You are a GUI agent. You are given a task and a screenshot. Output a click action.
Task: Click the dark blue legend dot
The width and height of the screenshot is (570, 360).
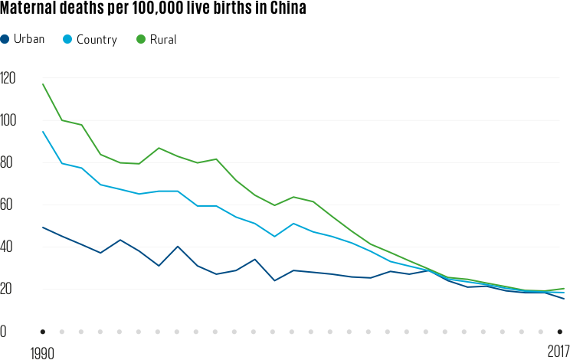pyautogui.click(x=5, y=38)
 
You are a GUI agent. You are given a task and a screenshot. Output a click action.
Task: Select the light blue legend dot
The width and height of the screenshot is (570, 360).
pyautogui.click(x=67, y=38)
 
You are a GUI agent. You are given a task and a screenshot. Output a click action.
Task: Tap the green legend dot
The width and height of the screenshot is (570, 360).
pyautogui.click(x=140, y=38)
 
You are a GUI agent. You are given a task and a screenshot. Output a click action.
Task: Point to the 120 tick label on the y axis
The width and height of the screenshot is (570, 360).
pyautogui.click(x=9, y=78)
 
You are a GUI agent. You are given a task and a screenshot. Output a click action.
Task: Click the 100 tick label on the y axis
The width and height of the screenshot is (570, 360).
pyautogui.click(x=9, y=120)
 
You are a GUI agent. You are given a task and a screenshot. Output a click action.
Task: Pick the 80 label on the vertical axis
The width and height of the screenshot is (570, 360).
pyautogui.click(x=9, y=162)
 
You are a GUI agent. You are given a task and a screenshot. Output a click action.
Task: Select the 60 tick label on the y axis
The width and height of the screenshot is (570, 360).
pyautogui.click(x=9, y=205)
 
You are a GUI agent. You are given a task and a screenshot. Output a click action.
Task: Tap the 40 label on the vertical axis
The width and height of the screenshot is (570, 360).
pyautogui.click(x=9, y=247)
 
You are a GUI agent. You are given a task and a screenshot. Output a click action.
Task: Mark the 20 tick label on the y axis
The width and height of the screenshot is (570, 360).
pyautogui.click(x=9, y=289)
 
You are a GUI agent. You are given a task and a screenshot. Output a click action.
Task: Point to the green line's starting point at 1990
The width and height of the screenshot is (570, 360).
pyautogui.click(x=43, y=83)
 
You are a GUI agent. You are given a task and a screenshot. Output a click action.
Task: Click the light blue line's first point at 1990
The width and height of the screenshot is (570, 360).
pyautogui.click(x=43, y=132)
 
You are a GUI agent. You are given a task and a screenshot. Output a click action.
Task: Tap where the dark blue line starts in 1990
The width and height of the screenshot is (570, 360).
pyautogui.click(x=43, y=227)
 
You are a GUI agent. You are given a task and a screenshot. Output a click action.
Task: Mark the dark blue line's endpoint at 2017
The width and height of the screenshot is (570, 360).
pyautogui.click(x=564, y=299)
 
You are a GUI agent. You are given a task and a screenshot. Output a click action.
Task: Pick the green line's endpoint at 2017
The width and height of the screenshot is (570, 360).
pyautogui.click(x=564, y=289)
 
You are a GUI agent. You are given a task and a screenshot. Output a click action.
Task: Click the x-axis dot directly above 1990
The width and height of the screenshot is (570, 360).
pyautogui.click(x=43, y=332)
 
